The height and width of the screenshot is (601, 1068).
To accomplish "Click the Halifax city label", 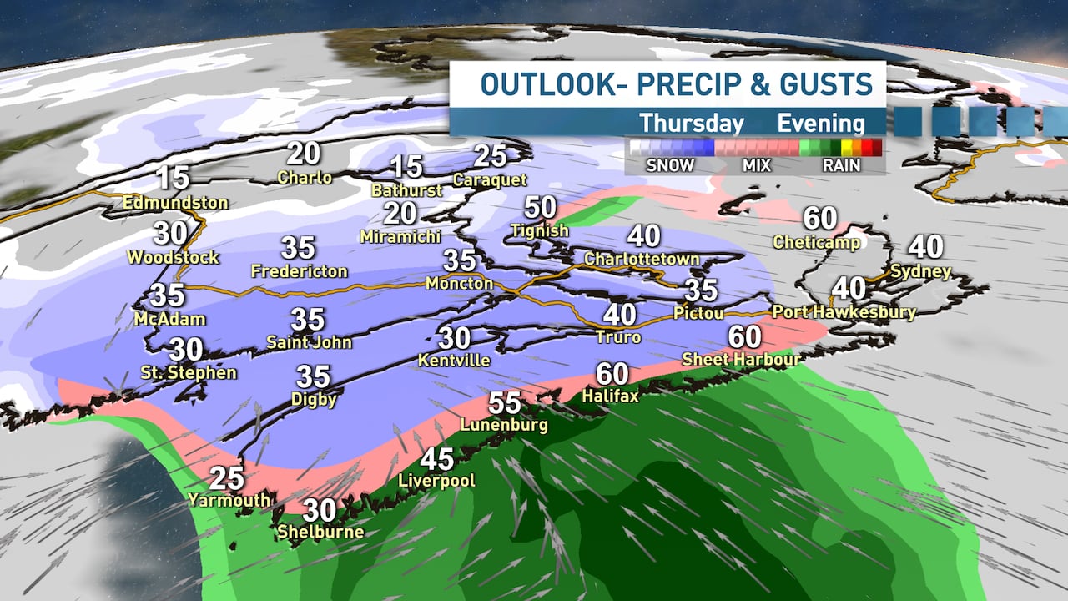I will [610, 396].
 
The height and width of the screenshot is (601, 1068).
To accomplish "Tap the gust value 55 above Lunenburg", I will [505, 403].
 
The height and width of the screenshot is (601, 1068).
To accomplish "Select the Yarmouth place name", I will [229, 500].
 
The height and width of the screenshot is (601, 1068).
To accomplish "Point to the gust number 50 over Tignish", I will [541, 207].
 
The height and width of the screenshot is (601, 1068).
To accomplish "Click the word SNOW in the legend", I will [670, 165].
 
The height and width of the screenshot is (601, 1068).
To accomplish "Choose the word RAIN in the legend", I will [841, 165].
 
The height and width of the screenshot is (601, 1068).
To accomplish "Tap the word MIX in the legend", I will [757, 165].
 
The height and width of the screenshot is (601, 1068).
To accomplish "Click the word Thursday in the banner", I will [692, 124].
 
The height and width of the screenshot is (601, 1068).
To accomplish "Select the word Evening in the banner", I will [821, 124].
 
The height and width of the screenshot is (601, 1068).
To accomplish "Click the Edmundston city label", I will [175, 202].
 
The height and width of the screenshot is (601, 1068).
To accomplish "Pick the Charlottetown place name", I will [642, 259].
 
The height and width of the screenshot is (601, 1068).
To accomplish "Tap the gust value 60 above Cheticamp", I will [820, 219].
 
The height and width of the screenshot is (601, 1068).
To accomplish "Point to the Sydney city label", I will [920, 271].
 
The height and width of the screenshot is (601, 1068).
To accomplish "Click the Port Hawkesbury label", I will [844, 312].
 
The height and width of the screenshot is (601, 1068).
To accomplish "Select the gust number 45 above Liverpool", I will [437, 459].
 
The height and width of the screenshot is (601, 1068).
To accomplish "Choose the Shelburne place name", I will [320, 532].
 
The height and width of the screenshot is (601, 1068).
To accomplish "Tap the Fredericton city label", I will [299, 271].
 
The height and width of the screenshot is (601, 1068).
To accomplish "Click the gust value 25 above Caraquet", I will [491, 156].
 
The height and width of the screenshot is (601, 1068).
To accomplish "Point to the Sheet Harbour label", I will [742, 359].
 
